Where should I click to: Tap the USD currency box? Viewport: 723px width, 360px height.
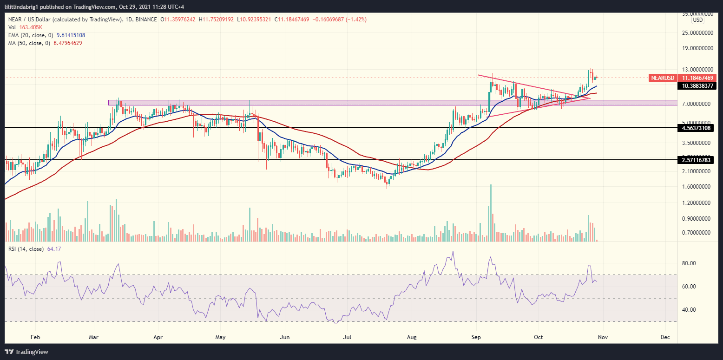point(697,20)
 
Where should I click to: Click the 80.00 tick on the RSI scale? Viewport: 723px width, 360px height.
point(698,263)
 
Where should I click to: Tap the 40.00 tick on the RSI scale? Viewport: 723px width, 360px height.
point(698,310)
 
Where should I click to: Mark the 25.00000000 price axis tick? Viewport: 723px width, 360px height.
point(696,33)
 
